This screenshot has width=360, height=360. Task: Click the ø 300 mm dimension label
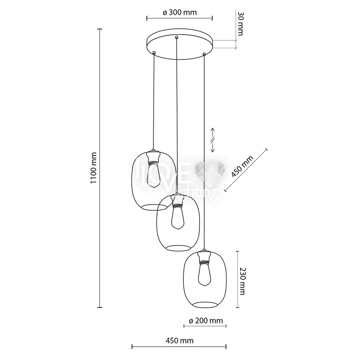[x=180, y=12]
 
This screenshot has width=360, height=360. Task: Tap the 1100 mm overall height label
[x=94, y=168]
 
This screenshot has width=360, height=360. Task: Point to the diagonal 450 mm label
[x=242, y=166]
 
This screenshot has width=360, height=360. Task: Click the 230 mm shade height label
[x=242, y=281]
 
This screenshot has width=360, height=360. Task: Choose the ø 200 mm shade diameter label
[x=206, y=320]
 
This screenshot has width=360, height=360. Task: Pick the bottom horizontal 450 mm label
[x=180, y=341]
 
